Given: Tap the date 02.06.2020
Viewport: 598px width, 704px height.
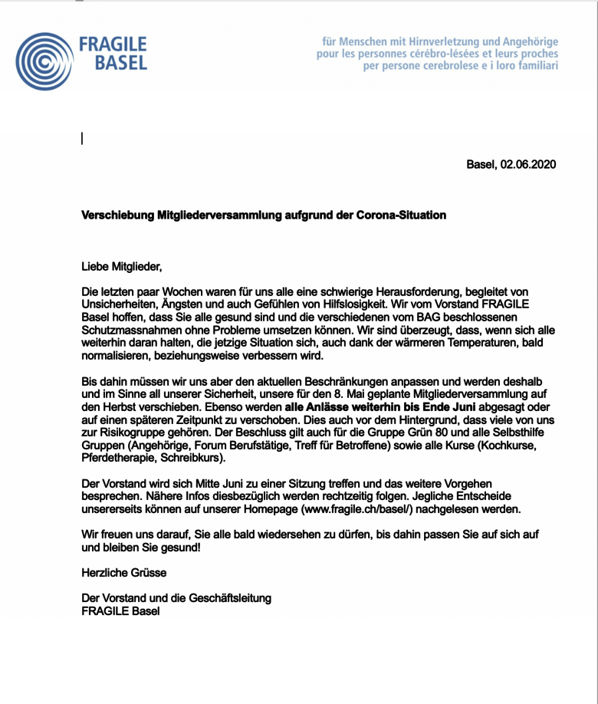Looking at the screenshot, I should click(x=527, y=164).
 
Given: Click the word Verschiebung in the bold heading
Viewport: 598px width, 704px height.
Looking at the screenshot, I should click(x=115, y=215).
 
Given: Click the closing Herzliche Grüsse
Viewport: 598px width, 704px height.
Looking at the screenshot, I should click(x=123, y=572).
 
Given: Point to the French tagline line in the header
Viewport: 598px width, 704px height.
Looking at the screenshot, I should click(x=437, y=54).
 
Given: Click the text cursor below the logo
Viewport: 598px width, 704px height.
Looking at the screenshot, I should click(x=82, y=138).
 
